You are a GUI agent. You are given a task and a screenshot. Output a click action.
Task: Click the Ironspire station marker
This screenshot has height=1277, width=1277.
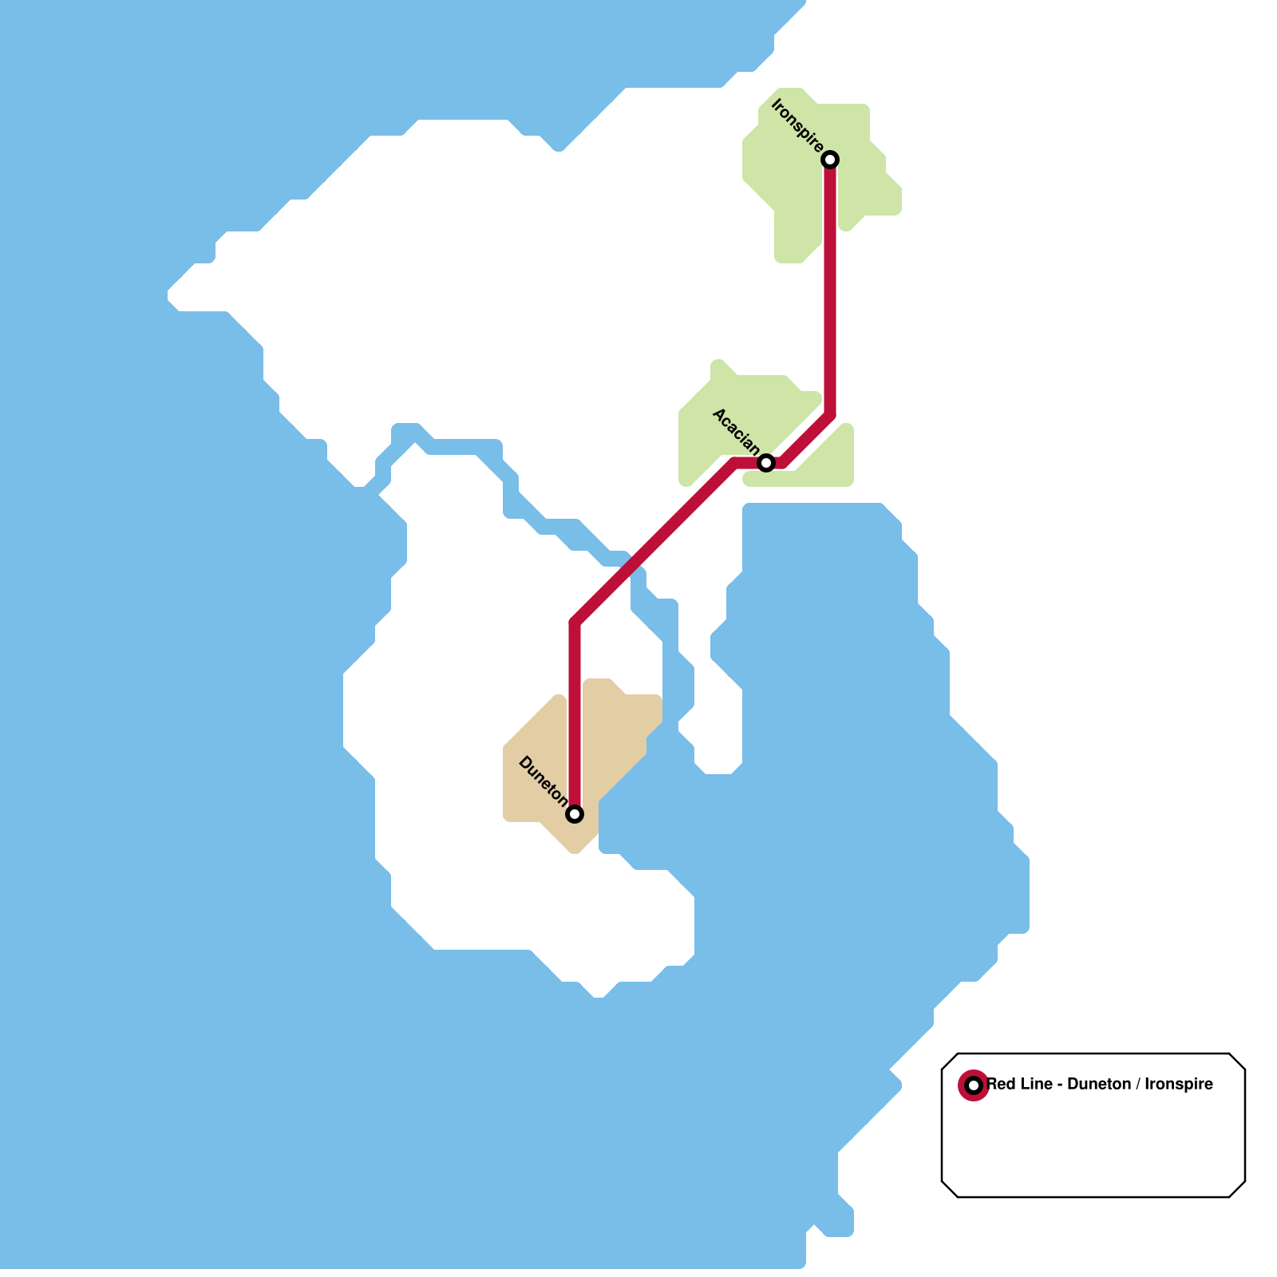point(830,160)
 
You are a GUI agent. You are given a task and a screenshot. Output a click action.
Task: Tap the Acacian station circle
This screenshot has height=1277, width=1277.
point(766,463)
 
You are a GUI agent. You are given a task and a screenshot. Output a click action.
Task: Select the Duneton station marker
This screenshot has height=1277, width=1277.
point(575,814)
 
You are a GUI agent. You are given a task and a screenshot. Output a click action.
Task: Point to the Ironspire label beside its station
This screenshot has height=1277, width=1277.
point(797,126)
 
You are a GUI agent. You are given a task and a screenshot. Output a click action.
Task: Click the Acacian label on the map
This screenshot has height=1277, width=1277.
point(735,431)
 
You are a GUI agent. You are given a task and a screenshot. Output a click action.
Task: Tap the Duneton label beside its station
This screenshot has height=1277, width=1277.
point(543,781)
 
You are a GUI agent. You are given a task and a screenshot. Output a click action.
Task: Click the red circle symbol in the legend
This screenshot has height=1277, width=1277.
point(973,1085)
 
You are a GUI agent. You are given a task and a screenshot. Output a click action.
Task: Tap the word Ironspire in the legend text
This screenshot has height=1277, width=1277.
point(1179,1085)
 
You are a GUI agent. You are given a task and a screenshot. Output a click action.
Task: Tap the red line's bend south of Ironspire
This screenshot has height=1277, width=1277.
point(830,415)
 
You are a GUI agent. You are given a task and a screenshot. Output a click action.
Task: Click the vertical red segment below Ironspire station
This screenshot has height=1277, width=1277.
point(830,287)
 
